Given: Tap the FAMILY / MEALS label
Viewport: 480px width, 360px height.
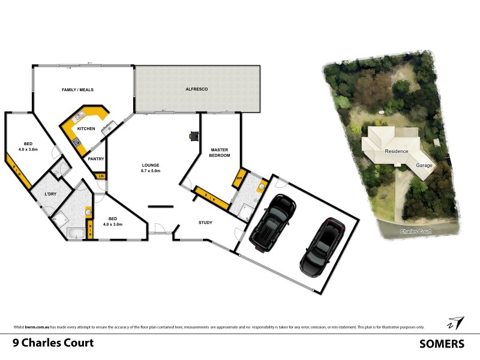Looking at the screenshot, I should point(78,90).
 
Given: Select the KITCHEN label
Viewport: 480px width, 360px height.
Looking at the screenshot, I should point(86,129).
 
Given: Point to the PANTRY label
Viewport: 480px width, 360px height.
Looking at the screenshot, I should point(96,159).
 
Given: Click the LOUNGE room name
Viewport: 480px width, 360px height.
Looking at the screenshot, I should point(150,165).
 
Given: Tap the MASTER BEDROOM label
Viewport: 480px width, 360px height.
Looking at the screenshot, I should point(220,152).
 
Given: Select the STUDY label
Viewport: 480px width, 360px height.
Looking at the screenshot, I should point(206,223).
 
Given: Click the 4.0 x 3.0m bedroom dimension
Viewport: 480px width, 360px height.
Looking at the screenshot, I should point(112,224).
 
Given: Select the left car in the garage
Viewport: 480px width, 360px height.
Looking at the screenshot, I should point(272,222).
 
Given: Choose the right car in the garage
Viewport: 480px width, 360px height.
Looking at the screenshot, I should point(322,246).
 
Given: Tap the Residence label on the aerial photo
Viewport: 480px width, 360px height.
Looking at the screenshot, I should point(396,151).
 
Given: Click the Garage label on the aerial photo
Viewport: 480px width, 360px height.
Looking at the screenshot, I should point(425,164).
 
